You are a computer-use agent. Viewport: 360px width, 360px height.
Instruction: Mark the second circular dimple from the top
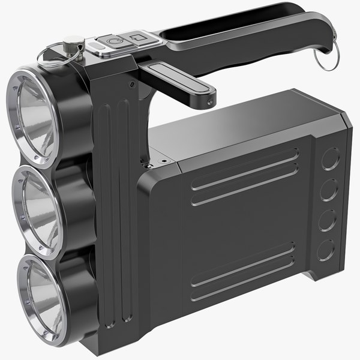[329, 190]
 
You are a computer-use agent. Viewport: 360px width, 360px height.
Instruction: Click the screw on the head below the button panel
[130, 84]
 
